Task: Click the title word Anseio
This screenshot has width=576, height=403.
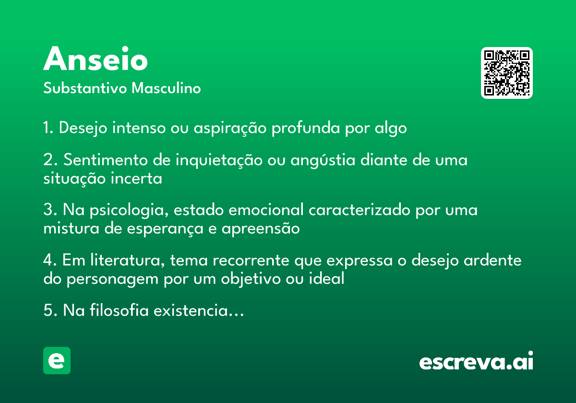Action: tap(96, 59)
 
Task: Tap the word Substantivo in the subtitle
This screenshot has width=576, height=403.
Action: tap(85, 88)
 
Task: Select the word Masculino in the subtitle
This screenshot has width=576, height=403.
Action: tap(166, 88)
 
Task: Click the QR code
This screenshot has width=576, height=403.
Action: tap(506, 73)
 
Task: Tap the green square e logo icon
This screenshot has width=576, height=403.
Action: tap(57, 360)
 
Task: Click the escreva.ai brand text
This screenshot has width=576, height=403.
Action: tap(476, 361)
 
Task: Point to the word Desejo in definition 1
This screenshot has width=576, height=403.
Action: tap(83, 128)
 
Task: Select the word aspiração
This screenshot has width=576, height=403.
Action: tap(230, 128)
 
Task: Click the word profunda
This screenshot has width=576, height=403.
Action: tap(306, 128)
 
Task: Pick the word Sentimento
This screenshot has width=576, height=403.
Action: tap(106, 160)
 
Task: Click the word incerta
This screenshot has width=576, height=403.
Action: tap(136, 178)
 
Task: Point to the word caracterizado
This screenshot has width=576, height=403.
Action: tap(360, 210)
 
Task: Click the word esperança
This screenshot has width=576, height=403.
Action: tap(165, 229)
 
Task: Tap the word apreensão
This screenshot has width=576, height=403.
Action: tap(261, 229)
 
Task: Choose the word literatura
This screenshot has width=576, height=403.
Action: tap(128, 260)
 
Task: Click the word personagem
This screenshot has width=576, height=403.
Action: tap(112, 279)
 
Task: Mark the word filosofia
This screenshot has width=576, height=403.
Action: tap(119, 310)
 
